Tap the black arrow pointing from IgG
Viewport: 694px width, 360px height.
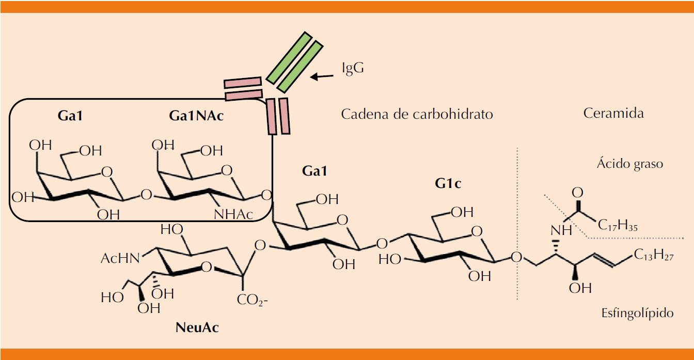[322, 77]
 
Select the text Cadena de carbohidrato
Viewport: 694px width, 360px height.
[417, 114]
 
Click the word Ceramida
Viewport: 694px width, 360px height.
[613, 113]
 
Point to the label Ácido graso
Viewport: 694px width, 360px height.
[629, 164]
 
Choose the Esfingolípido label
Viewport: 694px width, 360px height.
[637, 313]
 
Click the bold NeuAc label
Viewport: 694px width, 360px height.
[197, 327]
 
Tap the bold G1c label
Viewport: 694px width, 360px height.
[447, 183]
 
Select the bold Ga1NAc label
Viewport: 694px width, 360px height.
[196, 116]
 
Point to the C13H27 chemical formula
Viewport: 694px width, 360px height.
[653, 255]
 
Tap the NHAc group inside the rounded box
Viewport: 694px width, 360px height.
[233, 214]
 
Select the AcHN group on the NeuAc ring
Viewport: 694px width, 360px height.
[120, 258]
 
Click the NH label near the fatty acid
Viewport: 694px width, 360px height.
[561, 229]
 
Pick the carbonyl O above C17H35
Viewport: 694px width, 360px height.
[577, 193]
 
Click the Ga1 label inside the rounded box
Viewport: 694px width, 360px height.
[70, 116]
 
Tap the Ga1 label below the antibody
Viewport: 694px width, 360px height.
[314, 171]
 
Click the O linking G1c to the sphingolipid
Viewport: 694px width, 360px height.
[516, 257]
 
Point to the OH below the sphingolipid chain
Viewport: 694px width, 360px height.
[580, 288]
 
